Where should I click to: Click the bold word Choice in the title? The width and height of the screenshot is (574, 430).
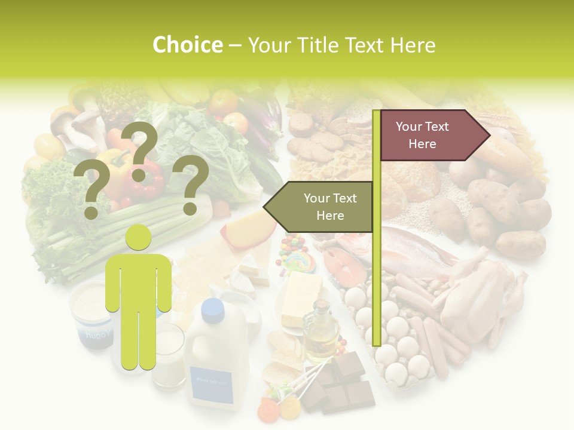click(x=187, y=45)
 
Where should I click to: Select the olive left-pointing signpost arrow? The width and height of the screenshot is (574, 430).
click(x=320, y=207)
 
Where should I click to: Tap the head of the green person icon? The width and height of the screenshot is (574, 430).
click(x=139, y=238)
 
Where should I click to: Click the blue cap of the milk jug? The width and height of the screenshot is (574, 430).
click(x=212, y=308)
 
